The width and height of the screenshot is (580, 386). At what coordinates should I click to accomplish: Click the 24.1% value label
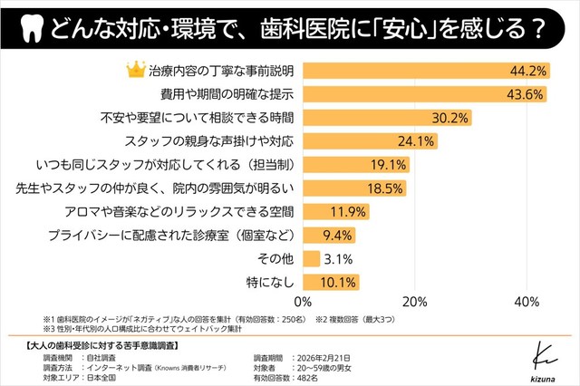point(418,141)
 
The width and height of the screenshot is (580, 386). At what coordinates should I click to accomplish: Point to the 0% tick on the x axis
point(304,303)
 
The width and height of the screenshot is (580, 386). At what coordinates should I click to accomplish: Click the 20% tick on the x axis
point(415,303)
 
